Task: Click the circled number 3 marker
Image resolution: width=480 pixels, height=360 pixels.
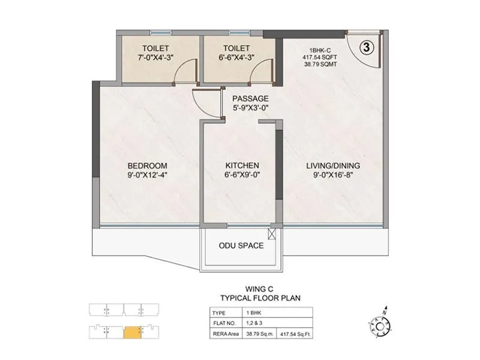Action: click(x=365, y=46)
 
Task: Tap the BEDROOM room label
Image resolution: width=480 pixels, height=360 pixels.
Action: click(x=147, y=166)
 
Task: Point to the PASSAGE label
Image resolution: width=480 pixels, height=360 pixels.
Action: click(x=250, y=99)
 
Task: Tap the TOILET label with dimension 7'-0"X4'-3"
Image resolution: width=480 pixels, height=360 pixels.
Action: click(x=155, y=48)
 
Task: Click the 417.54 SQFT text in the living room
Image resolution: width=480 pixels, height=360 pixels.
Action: click(x=319, y=58)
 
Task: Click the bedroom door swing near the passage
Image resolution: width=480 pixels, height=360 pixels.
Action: click(x=203, y=100)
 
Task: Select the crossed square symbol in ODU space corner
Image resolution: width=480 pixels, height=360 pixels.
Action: click(x=274, y=234)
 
